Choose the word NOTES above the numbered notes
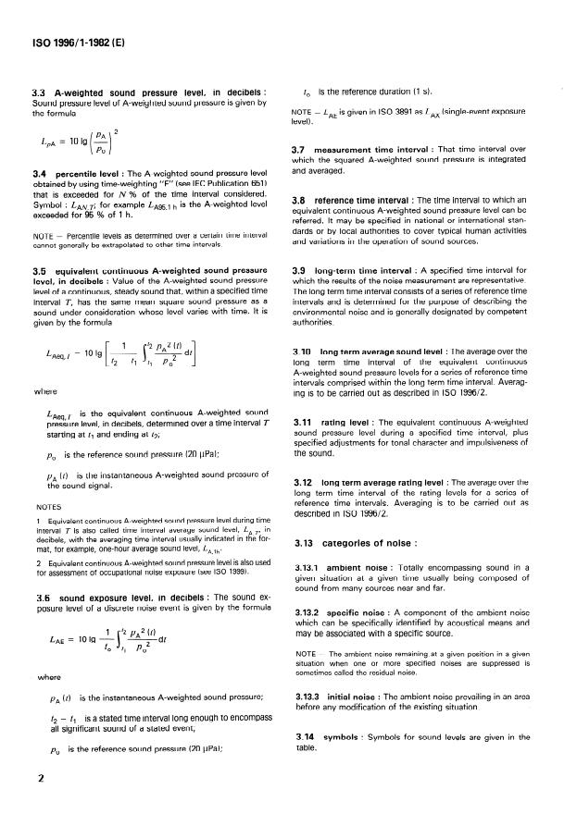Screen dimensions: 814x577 48,506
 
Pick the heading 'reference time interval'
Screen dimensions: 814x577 367,200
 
